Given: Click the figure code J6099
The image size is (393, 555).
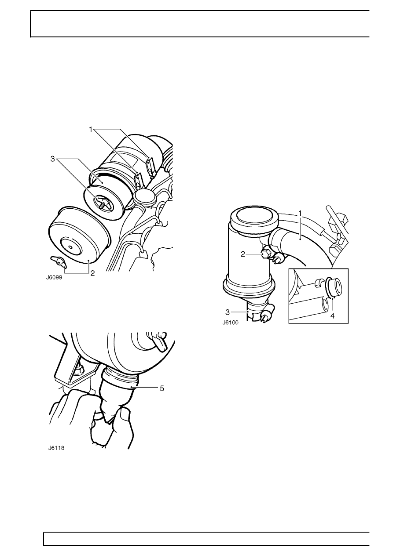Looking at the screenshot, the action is [54, 278].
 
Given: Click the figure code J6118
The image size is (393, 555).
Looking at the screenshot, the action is [56, 448].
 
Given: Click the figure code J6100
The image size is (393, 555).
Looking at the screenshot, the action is [230, 323].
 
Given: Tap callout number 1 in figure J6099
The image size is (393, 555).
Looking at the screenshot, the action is [91, 129].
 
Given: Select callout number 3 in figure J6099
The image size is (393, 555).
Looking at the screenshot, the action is [52, 159].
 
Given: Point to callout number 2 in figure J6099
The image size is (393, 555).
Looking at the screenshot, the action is [92, 273].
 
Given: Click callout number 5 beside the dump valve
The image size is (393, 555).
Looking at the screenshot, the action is [162, 388].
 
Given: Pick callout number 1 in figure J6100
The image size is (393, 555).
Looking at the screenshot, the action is [300, 213].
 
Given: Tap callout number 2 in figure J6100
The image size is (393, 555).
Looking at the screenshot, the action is [243, 254].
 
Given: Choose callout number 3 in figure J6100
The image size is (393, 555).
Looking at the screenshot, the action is [227, 312].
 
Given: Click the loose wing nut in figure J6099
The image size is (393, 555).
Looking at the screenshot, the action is [58, 261].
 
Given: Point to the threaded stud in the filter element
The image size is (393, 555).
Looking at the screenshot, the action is [102, 205].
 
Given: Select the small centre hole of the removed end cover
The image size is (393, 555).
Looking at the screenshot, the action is [70, 247].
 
